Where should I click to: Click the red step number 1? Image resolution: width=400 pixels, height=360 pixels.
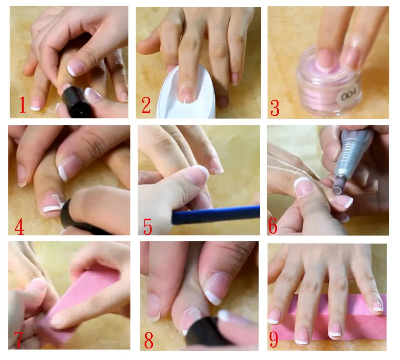coord(23,105)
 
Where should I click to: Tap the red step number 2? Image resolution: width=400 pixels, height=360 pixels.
coord(146,105)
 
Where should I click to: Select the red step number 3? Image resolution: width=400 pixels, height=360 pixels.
coord(275,108)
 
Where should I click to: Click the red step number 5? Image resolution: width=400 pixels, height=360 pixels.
coord(148,227)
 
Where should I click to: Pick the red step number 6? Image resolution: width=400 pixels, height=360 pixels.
coord(273,226)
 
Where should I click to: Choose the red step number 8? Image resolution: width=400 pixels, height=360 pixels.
coord(149,340)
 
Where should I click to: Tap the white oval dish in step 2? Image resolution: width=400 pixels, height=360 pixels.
coord(186,95)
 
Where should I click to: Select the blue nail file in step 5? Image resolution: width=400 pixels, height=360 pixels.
coord(216,215)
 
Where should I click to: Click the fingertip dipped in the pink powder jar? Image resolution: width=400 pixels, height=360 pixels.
coord(325,59)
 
